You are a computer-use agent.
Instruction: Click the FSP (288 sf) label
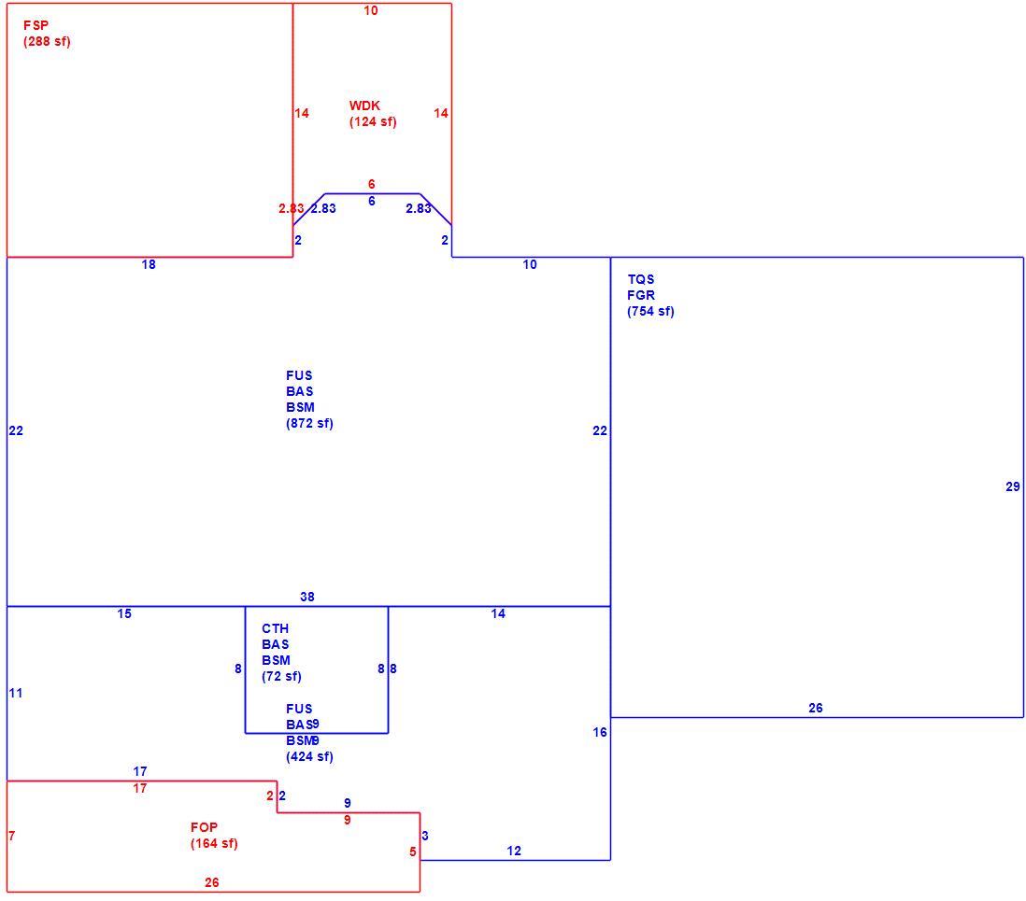coord(47,34)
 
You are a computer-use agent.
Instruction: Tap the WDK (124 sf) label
coord(372,114)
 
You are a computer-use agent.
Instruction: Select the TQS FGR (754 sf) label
coord(650,296)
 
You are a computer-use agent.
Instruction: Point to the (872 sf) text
coord(309,423)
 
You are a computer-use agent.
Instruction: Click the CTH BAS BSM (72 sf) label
coord(281,653)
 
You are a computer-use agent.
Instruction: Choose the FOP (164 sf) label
coord(214,836)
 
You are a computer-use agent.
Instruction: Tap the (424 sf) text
coord(309,756)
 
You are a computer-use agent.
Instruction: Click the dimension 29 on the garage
coord(1012,486)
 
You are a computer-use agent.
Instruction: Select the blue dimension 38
coord(306,597)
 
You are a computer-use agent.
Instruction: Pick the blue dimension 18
coord(149,264)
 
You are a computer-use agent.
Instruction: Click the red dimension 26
coord(211,882)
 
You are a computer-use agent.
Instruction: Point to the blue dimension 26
coord(816,708)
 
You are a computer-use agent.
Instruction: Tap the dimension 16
coord(599,732)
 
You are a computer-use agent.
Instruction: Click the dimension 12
coord(514,851)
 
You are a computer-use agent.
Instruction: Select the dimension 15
coord(124,613)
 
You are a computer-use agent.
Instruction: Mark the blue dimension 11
coord(16,693)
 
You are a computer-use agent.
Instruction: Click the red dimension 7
coord(12,836)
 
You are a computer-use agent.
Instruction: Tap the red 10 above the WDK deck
coord(370,10)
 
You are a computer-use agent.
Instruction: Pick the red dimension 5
coord(413,852)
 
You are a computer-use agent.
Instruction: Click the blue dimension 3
coord(425,836)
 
